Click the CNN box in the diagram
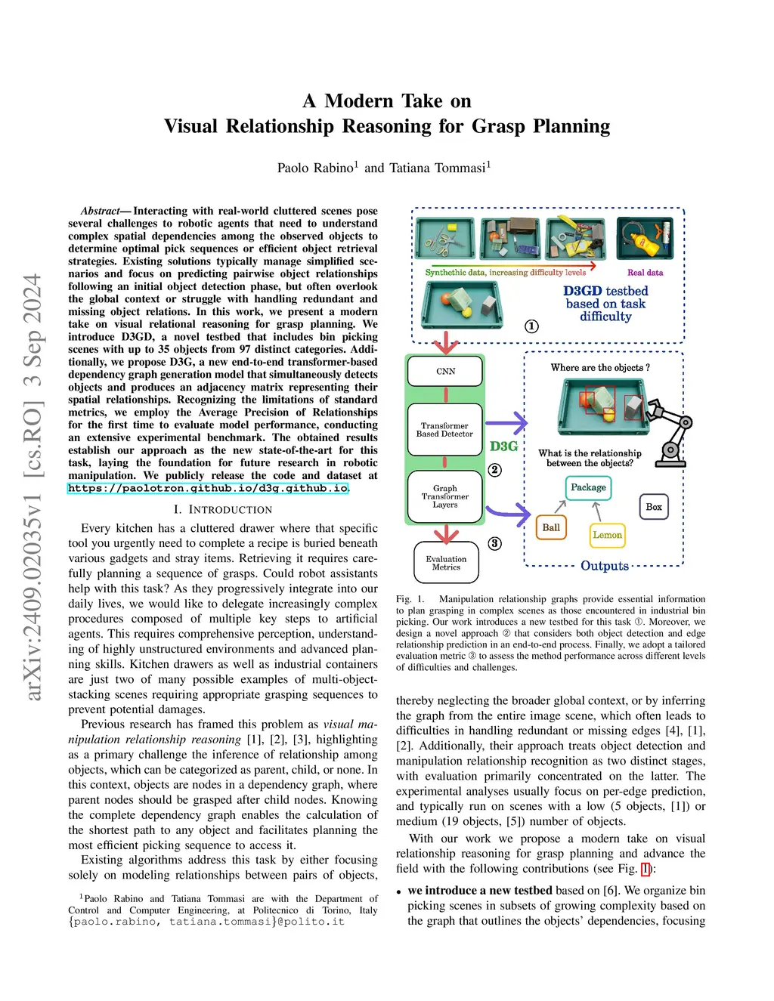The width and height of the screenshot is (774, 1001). tap(445, 372)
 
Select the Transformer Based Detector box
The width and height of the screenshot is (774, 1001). tap(444, 430)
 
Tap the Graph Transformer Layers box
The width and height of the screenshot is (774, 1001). tap(444, 496)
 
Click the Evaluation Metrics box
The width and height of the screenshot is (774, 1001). tap(446, 563)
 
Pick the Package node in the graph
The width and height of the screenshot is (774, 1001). tap(588, 488)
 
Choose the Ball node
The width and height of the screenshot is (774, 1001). tap(551, 528)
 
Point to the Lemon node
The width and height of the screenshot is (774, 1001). tap(607, 536)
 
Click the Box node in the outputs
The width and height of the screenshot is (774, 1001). tap(654, 507)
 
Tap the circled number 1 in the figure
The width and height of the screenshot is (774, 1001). tap(532, 326)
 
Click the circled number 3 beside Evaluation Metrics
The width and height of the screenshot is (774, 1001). tap(494, 543)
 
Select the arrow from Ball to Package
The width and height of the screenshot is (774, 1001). tap(561, 506)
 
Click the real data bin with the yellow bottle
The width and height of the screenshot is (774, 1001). tap(645, 238)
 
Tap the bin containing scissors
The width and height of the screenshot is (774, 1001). tap(445, 239)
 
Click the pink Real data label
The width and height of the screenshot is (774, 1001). tap(645, 273)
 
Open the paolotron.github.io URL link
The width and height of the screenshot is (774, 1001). tap(208, 489)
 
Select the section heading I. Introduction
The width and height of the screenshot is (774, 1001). tap(222, 510)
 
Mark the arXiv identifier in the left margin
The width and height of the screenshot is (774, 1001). tap(33, 487)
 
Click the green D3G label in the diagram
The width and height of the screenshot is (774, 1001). tap(503, 446)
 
